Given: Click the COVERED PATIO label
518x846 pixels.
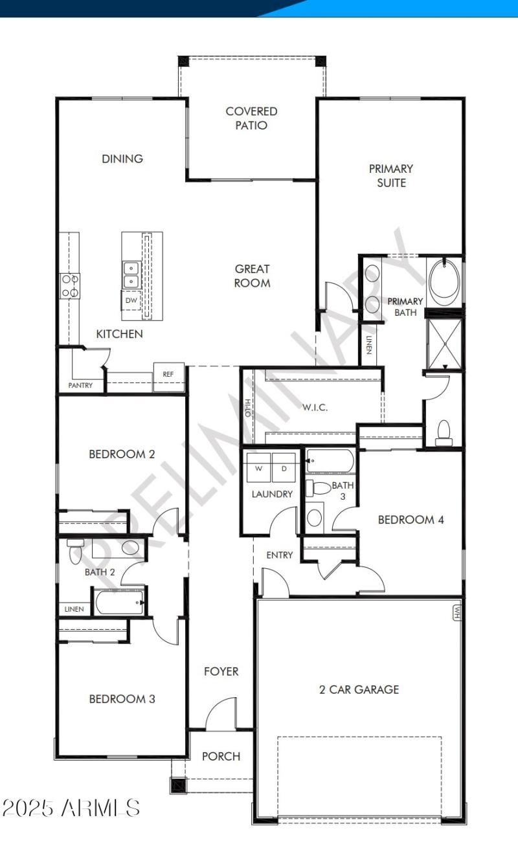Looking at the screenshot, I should click(251, 118).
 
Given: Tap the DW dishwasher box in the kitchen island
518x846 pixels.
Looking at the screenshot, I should click(131, 300).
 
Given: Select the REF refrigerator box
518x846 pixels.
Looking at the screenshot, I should click(168, 374).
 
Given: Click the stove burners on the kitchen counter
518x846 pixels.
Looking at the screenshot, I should click(70, 286).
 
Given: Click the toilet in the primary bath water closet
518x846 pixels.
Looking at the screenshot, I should click(444, 433).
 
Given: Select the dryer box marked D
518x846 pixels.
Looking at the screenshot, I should click(284, 468).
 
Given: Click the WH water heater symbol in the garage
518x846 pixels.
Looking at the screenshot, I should click(456, 611).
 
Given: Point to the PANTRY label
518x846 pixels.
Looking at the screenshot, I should click(80, 386).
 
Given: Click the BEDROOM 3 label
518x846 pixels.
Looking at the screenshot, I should click(122, 699).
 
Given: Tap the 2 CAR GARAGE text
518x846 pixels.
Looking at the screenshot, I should click(359, 689).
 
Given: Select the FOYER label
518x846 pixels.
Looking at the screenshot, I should click(221, 672).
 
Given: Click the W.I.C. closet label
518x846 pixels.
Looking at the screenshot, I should click(315, 408).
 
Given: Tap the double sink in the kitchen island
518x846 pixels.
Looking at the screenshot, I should click(131, 274).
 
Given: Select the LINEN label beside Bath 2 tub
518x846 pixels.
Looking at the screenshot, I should click(73, 609).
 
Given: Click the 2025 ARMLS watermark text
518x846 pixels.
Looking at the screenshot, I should click(71, 807).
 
